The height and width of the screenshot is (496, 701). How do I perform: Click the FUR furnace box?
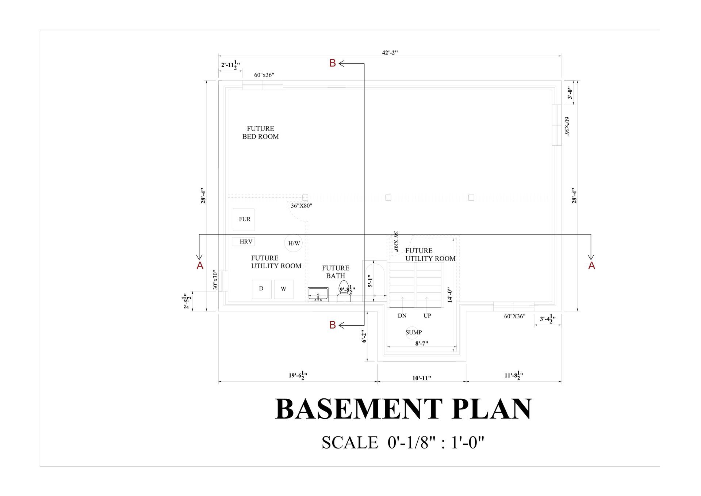[244, 219]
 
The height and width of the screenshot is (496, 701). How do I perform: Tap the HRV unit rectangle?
[244, 242]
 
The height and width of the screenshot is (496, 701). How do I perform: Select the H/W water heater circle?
[294, 243]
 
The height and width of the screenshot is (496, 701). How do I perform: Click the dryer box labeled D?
[261, 289]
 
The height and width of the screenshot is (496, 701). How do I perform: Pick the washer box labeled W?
[284, 289]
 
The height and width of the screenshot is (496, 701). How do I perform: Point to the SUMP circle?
[413, 332]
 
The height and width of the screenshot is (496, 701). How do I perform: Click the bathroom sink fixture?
[318, 294]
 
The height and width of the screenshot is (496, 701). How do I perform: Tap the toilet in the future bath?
[344, 291]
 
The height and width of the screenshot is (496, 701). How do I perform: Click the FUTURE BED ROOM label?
[260, 133]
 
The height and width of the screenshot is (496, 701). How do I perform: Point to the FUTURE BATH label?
[336, 272]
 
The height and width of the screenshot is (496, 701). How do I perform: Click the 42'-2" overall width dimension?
[390, 53]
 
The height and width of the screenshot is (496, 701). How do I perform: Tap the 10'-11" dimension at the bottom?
[422, 378]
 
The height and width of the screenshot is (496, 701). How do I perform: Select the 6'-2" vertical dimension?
[364, 337]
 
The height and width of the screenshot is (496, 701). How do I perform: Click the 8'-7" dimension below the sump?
[422, 344]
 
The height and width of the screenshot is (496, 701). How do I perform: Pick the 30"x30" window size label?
[215, 280]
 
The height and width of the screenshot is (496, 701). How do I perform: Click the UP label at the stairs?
[427, 316]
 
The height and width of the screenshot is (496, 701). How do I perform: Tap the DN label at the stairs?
[402, 316]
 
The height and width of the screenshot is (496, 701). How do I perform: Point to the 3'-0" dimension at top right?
[570, 92]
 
